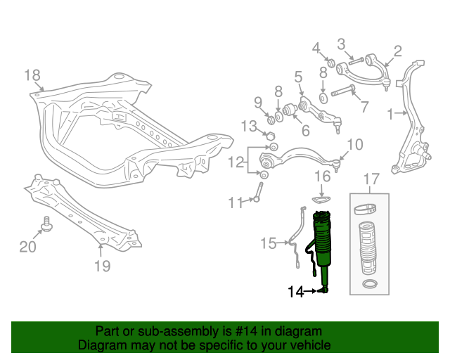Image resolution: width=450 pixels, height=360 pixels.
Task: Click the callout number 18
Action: tap(33, 76)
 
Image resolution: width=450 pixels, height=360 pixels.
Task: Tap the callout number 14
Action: tap(297, 291)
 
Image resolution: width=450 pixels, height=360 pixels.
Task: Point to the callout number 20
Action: tap(27, 246)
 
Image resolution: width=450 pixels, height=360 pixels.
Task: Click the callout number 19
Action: tap(102, 266)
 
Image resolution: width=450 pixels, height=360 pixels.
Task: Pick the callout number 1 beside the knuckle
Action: tap(391, 112)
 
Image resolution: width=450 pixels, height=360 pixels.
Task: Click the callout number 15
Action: tap(269, 243)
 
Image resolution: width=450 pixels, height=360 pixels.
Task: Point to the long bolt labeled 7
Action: tap(342, 91)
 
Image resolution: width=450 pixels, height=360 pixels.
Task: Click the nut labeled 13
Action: tap(269, 134)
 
